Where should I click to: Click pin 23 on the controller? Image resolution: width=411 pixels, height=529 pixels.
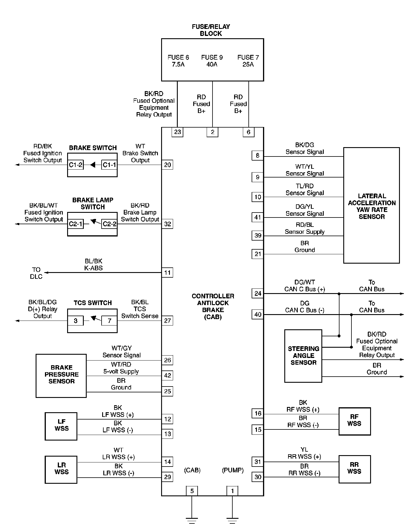(177, 132)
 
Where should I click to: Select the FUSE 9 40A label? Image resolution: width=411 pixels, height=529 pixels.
(212, 61)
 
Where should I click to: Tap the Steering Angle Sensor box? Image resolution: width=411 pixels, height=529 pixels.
(303, 356)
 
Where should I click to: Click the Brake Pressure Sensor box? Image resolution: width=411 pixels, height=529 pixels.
(61, 375)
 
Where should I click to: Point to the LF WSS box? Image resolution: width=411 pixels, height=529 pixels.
(61, 426)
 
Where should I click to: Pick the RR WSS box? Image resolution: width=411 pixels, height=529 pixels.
(354, 469)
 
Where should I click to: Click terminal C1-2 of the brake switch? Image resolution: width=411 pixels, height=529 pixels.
(76, 165)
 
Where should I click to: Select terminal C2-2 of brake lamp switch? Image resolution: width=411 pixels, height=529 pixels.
(109, 224)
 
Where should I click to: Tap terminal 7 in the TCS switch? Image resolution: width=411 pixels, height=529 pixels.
(109, 321)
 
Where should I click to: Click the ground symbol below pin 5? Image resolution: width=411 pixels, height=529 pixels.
(192, 520)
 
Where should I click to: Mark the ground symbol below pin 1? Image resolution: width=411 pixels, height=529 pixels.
(232, 520)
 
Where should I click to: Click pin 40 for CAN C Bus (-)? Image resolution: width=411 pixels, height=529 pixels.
(258, 314)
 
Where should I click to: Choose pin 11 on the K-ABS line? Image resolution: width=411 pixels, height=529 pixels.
(168, 273)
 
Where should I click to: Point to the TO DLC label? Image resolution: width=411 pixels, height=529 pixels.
(36, 273)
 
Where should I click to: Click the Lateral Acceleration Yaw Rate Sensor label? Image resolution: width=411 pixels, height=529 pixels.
(372, 206)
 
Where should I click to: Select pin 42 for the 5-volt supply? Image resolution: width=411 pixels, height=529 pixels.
(168, 375)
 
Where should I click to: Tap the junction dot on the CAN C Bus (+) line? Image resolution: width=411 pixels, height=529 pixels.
(339, 294)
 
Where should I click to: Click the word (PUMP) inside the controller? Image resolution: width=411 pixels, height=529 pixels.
(233, 470)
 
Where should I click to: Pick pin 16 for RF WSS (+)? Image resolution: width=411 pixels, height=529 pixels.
(258, 413)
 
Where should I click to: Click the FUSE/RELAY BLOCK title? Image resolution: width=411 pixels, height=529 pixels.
(211, 30)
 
